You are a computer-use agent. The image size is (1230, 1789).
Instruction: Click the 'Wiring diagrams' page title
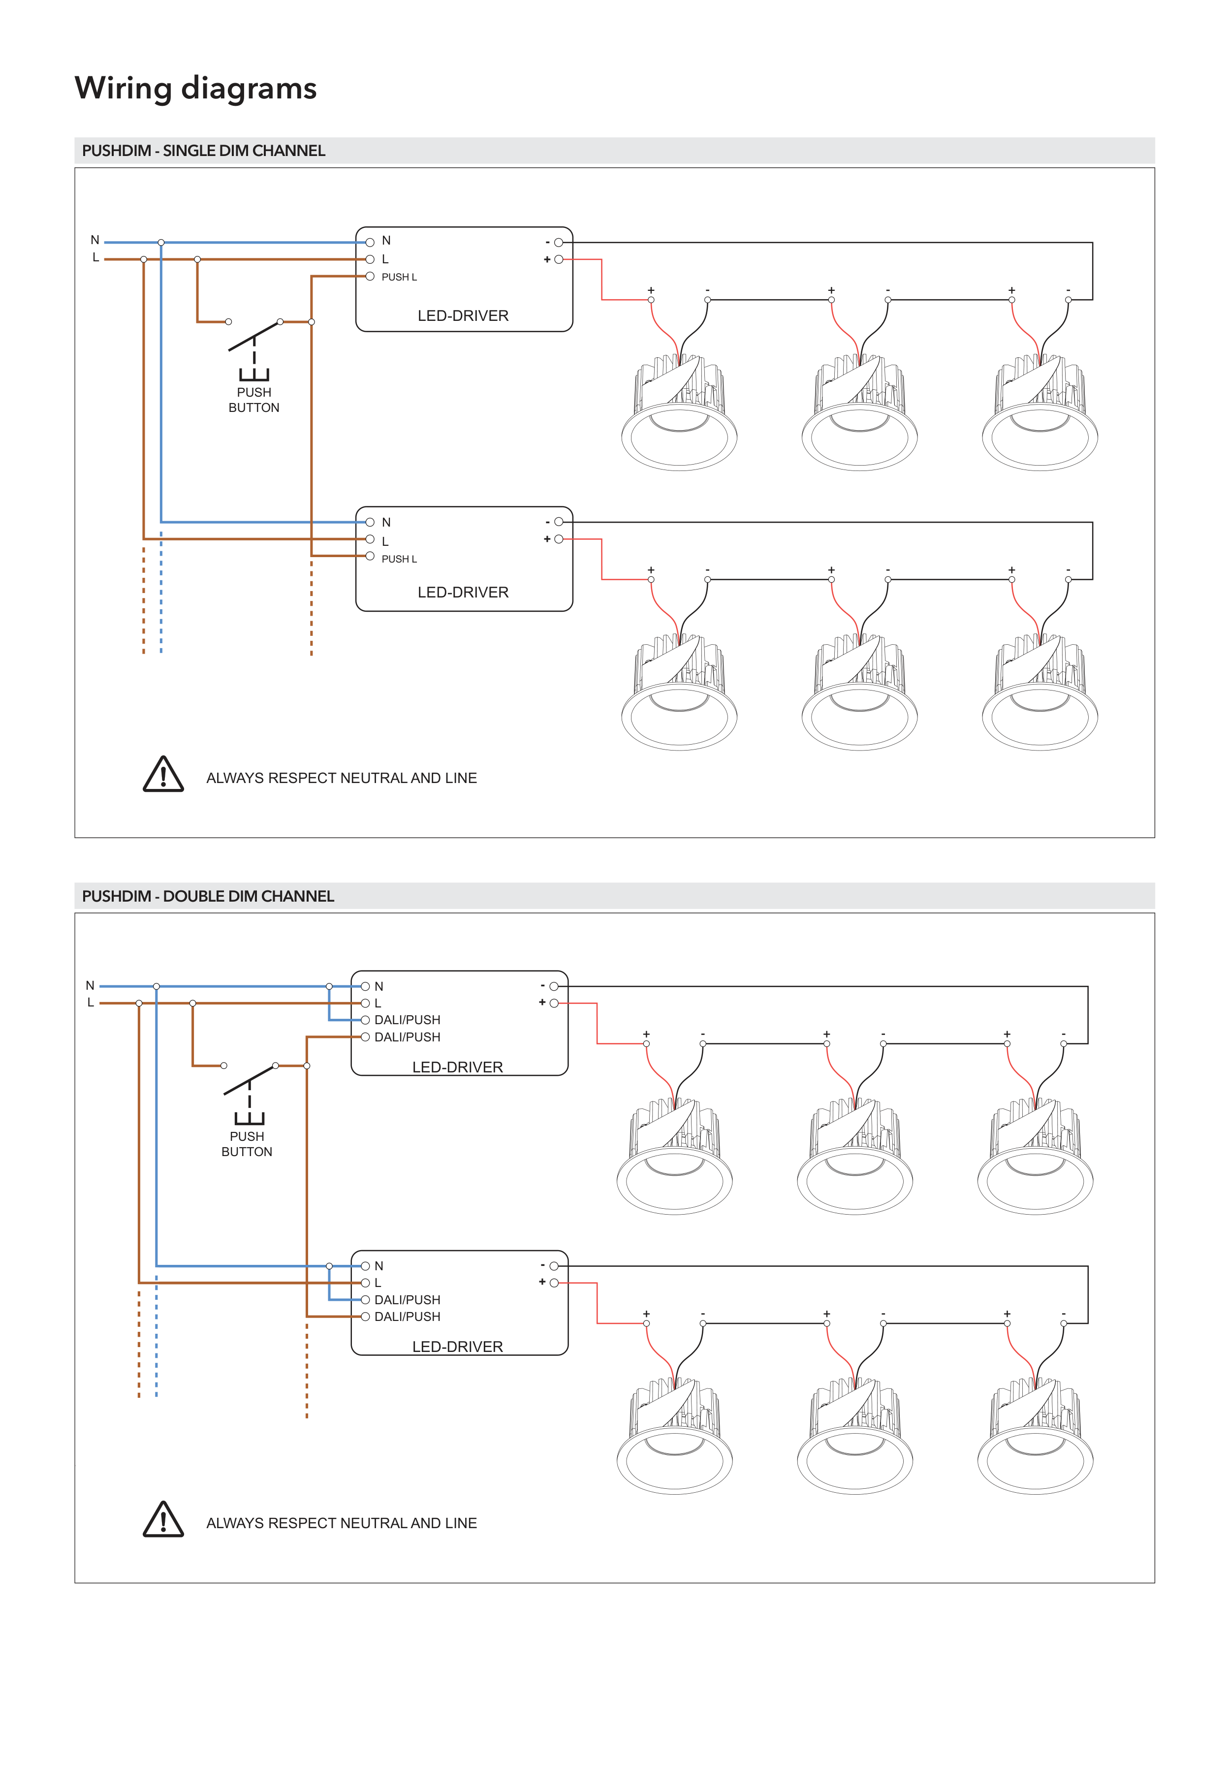click(196, 89)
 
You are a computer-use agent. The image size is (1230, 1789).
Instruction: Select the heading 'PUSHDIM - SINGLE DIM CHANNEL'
click(203, 151)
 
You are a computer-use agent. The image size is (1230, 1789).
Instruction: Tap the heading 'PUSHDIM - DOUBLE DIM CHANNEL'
click(208, 896)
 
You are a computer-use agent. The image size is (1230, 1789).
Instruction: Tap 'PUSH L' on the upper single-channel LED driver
click(399, 278)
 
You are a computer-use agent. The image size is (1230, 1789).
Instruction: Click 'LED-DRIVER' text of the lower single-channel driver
click(463, 593)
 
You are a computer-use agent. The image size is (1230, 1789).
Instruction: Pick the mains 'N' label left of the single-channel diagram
click(95, 240)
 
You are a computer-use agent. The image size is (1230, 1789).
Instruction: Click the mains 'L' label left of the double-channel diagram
click(91, 1003)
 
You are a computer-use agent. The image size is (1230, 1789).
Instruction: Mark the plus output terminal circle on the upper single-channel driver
click(559, 260)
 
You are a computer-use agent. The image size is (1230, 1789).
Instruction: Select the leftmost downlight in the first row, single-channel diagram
click(679, 414)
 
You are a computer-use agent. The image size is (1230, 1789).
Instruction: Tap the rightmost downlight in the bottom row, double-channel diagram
click(1035, 1438)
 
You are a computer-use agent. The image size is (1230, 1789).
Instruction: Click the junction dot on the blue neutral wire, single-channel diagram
click(161, 243)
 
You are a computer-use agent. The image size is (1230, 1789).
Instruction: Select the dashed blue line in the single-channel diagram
click(161, 593)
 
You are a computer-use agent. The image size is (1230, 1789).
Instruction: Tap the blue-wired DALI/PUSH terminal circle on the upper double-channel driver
click(365, 1020)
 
